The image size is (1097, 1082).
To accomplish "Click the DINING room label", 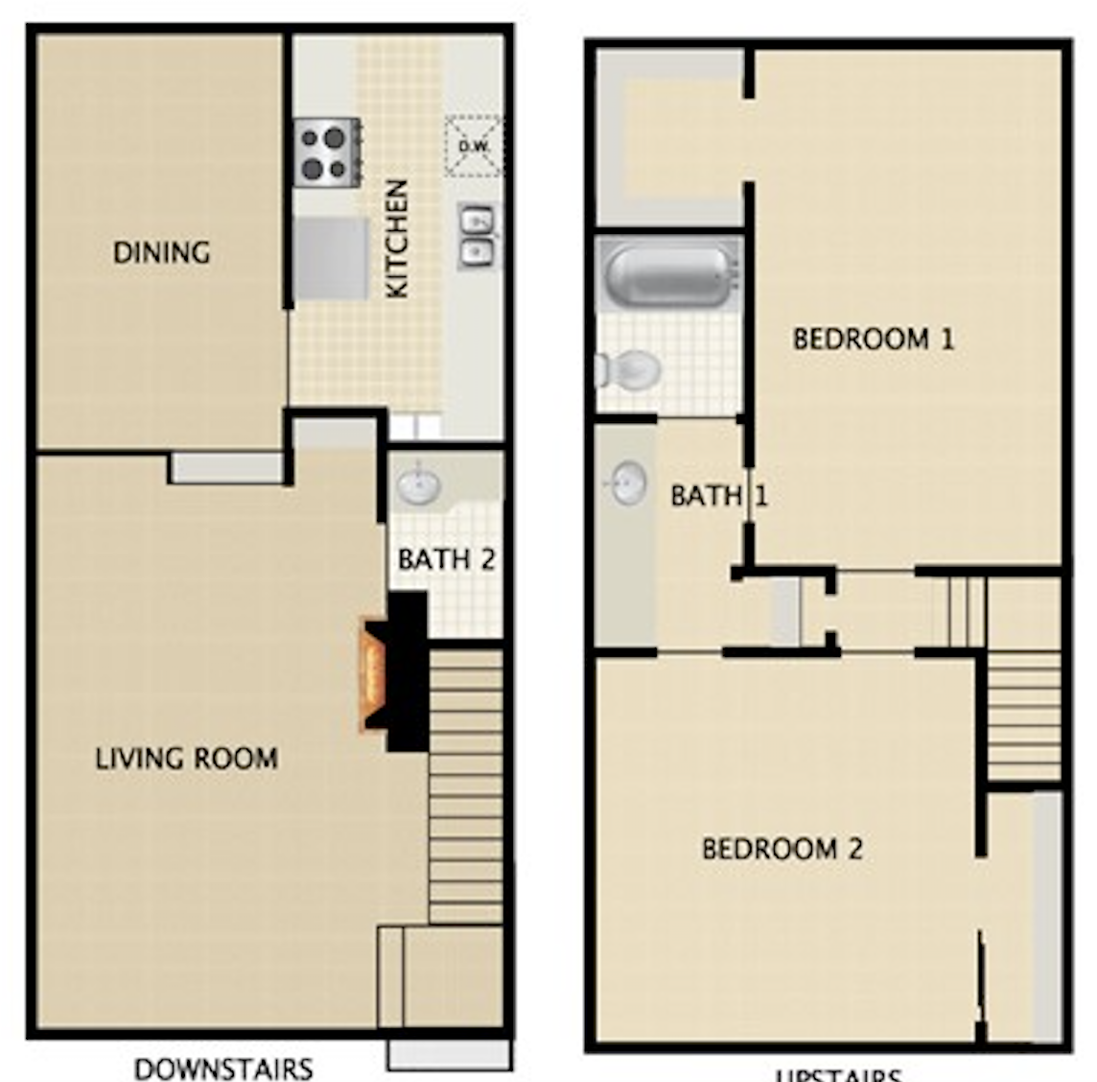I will tap(161, 253).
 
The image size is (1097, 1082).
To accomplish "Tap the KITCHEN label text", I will tap(397, 239).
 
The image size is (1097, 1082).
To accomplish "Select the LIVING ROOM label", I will tap(187, 759).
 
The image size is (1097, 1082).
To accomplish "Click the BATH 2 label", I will tap(446, 559).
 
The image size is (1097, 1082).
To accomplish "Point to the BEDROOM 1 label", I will tap(874, 339).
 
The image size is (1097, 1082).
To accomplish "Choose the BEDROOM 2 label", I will tap(782, 849).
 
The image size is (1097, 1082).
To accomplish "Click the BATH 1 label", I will tap(718, 496).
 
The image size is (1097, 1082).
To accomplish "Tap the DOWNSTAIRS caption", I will tap(223, 1068).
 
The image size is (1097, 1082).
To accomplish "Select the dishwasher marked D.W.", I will tap(474, 146).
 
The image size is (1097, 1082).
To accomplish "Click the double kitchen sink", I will tap(477, 235).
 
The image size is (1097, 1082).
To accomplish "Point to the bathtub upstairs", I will tap(669, 275).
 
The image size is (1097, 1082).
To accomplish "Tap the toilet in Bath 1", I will tap(628, 368).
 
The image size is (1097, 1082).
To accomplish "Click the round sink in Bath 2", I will tap(419, 484).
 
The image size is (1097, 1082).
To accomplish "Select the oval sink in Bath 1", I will tap(628, 482).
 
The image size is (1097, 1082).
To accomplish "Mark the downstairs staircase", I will tap(465, 787).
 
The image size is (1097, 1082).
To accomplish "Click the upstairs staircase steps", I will tap(1024, 715).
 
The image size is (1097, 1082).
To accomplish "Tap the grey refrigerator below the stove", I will tap(331, 259).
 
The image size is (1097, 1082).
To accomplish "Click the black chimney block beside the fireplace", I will tap(408, 671).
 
